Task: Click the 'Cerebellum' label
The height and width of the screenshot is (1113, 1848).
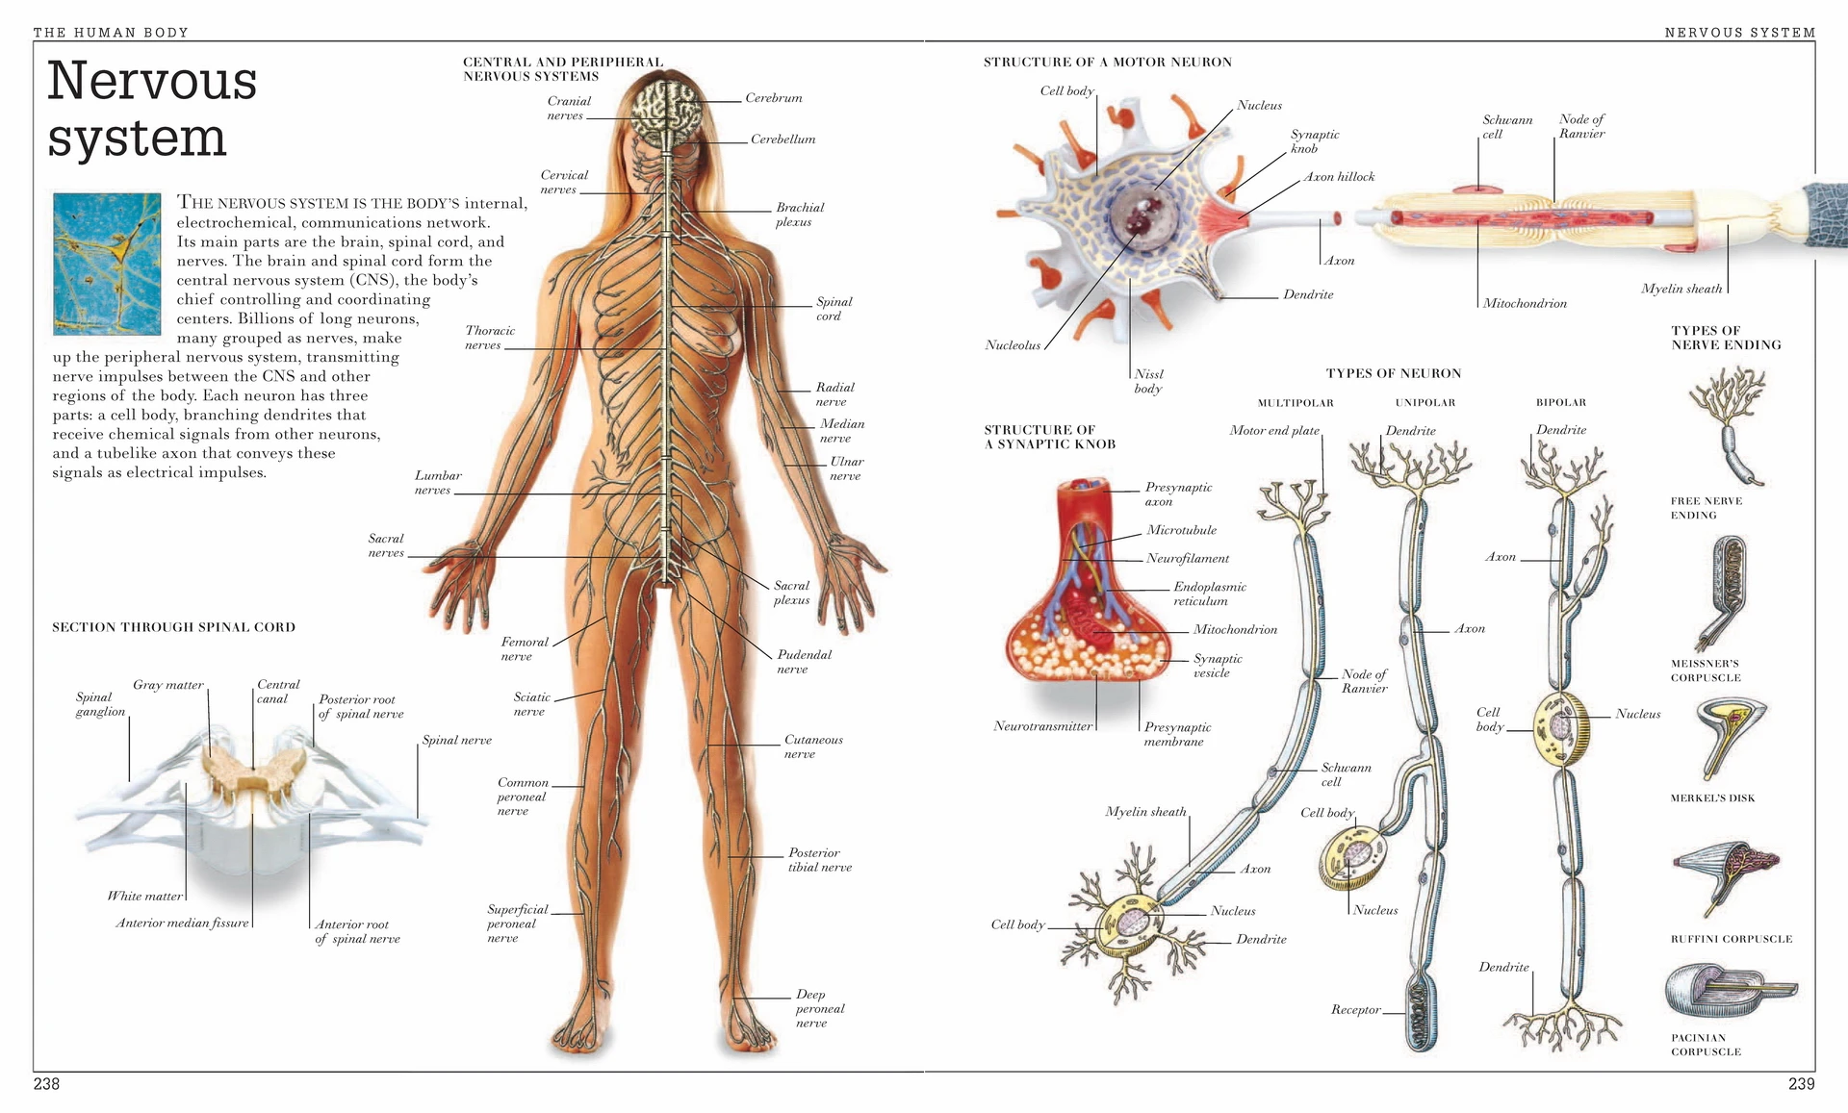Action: pos(783,139)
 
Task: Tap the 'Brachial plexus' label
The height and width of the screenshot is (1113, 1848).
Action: pos(800,215)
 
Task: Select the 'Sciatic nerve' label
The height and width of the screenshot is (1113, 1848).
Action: pos(531,704)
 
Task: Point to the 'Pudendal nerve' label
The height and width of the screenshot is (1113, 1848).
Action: pos(804,662)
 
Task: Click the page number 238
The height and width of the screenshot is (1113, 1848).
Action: pos(46,1084)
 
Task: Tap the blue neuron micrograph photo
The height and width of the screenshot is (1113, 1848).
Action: pos(107,264)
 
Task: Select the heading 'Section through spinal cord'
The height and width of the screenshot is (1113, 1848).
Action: pos(173,627)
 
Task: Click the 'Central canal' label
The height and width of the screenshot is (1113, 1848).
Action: pos(277,692)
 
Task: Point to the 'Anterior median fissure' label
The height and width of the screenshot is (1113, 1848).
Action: pos(182,923)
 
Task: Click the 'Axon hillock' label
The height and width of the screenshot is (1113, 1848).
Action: pos(1339,177)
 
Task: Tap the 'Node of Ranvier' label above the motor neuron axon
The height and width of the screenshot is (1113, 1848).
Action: pos(1581,126)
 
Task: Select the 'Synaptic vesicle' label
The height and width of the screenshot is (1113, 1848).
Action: pos(1218,666)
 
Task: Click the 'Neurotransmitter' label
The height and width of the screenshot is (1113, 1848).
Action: pos(1042,726)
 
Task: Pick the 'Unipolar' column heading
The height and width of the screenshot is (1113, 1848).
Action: pos(1425,403)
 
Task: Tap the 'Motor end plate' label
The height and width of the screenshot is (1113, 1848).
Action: pos(1273,431)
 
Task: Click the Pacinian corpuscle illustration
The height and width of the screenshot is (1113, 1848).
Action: pos(1730,989)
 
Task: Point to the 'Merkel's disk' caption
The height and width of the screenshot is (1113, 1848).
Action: pos(1712,798)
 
